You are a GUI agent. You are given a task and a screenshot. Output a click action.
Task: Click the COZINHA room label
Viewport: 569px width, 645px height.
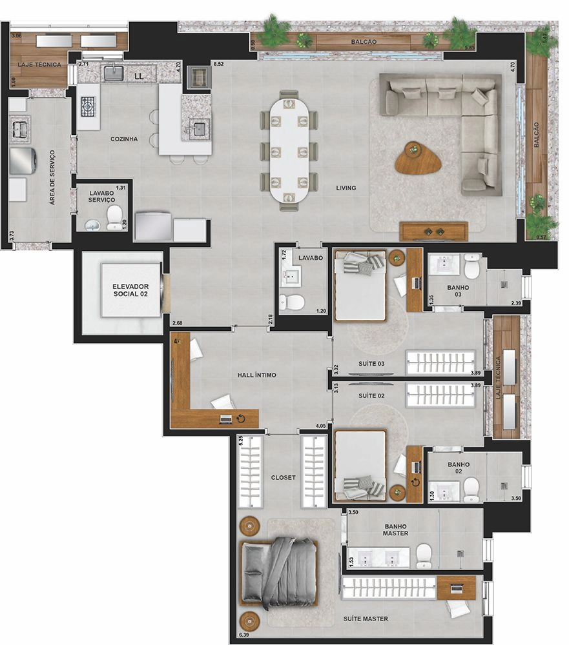click(124, 139)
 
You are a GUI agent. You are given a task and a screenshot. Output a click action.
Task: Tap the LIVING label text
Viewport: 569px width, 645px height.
click(346, 188)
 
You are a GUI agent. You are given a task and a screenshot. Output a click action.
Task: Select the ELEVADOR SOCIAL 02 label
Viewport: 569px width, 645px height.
click(130, 290)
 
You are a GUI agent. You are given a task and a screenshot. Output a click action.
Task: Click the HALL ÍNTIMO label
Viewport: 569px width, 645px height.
click(256, 375)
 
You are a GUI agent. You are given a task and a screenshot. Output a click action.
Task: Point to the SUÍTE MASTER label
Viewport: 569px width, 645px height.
click(366, 619)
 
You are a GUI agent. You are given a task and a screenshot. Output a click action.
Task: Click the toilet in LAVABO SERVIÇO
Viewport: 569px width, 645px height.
click(114, 217)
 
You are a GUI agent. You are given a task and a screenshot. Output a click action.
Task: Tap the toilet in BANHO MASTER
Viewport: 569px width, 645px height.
click(424, 556)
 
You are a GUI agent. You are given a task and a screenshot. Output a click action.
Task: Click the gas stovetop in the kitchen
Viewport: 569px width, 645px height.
click(88, 107)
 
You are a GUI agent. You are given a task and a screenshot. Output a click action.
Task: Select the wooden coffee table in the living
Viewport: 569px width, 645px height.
click(418, 159)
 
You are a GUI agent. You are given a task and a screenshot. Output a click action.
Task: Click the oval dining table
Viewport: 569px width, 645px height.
click(289, 150)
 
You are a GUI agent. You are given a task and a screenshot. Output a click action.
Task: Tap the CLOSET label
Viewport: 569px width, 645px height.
click(283, 477)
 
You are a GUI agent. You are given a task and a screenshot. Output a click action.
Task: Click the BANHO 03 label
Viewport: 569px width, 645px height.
click(458, 291)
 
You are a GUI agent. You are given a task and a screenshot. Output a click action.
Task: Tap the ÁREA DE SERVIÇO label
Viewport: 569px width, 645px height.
click(52, 177)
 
